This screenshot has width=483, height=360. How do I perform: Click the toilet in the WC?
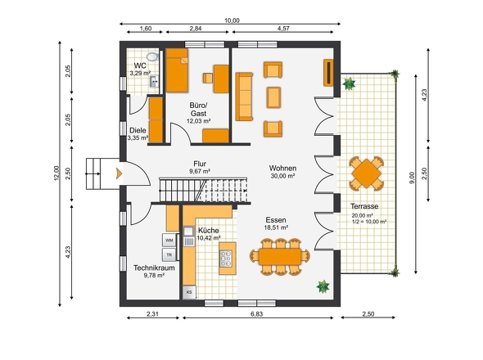tap(152, 56)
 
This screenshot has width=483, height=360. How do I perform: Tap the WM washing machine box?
tap(169, 241)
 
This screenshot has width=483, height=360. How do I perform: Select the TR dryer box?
tap(169, 254)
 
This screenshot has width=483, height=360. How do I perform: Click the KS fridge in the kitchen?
tap(189, 292)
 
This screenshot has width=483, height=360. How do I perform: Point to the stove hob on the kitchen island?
tap(226, 258)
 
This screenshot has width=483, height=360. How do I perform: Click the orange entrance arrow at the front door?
tap(119, 173)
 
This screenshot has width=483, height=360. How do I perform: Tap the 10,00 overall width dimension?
tap(232, 20)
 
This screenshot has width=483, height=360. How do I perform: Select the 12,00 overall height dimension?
tap(56, 173)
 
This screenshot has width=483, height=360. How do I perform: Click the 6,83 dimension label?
tap(256, 314)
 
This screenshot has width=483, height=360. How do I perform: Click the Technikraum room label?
tap(154, 268)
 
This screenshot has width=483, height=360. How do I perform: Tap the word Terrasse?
tap(364, 206)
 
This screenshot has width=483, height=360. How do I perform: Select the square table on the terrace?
tap(366, 173)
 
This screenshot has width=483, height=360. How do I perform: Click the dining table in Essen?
tap(280, 257)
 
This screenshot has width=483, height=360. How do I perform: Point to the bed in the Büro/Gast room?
tap(177, 70)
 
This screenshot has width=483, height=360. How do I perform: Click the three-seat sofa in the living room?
tap(244, 97)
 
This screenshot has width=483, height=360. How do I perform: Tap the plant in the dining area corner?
tap(323, 286)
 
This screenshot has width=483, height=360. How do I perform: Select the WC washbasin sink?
tap(154, 82)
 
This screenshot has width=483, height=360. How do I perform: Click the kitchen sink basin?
tap(188, 231)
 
